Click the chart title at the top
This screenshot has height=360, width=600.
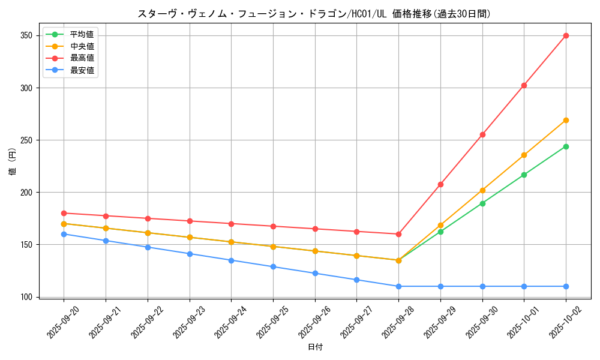coord(314,14)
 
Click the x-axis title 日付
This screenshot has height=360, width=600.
coord(315,347)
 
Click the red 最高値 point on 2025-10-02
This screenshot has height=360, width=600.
coord(566,35)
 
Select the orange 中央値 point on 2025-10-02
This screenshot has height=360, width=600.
coord(566,120)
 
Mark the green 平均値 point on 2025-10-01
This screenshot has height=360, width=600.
coord(524,175)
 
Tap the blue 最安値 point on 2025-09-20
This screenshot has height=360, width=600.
coord(64,234)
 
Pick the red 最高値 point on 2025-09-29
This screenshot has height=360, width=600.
coord(440,184)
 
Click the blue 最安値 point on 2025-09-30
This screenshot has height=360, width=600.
coord(482,286)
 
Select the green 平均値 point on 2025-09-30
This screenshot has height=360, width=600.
coord(482,203)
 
